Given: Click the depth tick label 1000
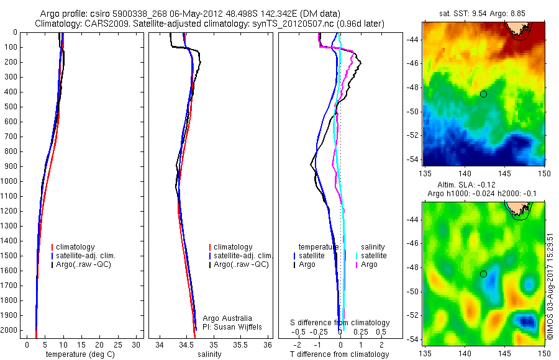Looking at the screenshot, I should point(9,181).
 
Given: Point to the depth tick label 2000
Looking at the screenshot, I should point(9,330).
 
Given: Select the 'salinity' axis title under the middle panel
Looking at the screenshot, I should point(209,354).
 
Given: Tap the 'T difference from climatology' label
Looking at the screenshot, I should point(340,354).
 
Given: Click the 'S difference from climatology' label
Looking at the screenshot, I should point(340,323).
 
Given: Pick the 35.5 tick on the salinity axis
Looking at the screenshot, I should point(241,344).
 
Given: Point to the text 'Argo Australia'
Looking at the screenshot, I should point(228,318).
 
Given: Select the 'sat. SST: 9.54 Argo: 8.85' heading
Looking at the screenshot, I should point(484,14).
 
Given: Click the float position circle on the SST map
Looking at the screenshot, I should point(483,94).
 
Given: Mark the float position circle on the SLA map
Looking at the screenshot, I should point(483,274).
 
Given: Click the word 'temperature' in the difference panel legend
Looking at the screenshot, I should point(319,247).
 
